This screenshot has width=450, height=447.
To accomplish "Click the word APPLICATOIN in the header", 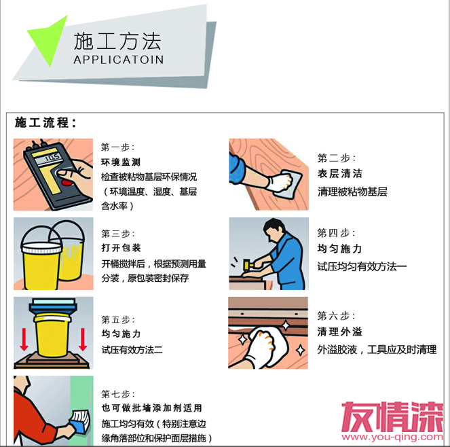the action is [x=119, y=60].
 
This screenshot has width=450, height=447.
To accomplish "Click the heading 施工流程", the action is [x=45, y=122].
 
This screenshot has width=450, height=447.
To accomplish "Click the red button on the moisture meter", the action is [x=67, y=183].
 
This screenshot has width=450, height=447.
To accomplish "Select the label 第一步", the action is [x=117, y=147].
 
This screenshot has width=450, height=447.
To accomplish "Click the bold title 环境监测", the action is [x=121, y=162].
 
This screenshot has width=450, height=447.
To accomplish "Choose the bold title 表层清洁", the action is [x=340, y=173].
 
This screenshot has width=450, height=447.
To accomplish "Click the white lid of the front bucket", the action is [x=41, y=248].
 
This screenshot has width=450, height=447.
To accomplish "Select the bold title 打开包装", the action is [x=121, y=248].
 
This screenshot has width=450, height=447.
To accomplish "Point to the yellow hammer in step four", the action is [x=247, y=264].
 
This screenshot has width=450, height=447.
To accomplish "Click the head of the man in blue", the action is [x=274, y=230].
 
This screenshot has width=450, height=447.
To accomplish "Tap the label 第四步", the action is [x=336, y=233].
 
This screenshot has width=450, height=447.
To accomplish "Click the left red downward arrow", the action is [x=24, y=340].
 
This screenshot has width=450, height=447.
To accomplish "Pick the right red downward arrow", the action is [x=83, y=340].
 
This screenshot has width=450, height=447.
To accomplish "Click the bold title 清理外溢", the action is [x=340, y=332].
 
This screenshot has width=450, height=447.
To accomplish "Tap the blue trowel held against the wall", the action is [x=79, y=422].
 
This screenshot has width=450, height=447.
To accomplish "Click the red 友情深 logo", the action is [x=392, y=416].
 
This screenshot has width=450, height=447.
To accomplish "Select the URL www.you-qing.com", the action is [x=392, y=437].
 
